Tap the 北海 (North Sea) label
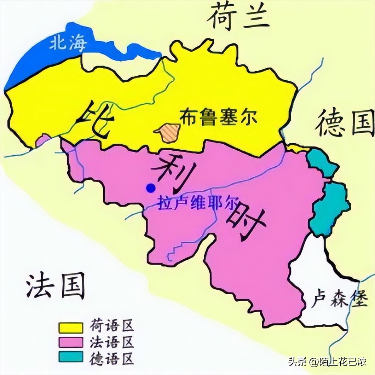(x=67, y=44)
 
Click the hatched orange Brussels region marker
(x=166, y=132)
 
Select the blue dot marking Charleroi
(x=151, y=188)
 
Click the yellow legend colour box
(x=71, y=327)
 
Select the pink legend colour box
(x=71, y=342)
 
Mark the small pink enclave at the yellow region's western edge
(x=43, y=140)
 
